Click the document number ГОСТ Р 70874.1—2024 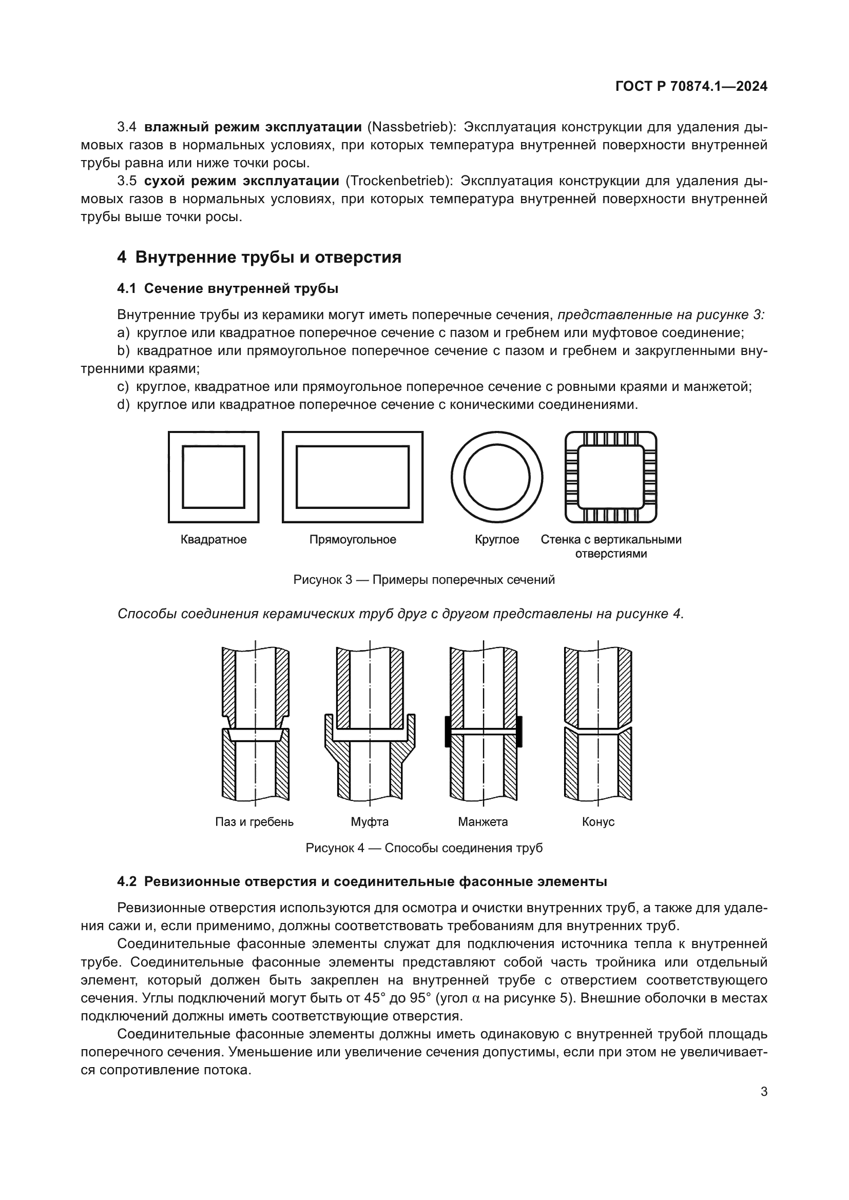(x=691, y=87)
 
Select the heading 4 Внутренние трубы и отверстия (x=259, y=257)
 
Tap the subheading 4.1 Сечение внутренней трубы (x=228, y=288)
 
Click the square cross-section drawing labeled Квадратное (x=214, y=477)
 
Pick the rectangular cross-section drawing (x=352, y=477)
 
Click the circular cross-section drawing (x=497, y=477)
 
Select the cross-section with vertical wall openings (x=611, y=477)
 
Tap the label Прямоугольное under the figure (x=352, y=539)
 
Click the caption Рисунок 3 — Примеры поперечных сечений (x=424, y=580)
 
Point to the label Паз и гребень (x=254, y=821)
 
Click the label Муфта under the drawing (x=370, y=821)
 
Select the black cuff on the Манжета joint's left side (x=448, y=731)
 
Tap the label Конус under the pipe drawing (x=598, y=821)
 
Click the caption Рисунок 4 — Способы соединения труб (x=424, y=848)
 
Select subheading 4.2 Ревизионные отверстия (x=362, y=882)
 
